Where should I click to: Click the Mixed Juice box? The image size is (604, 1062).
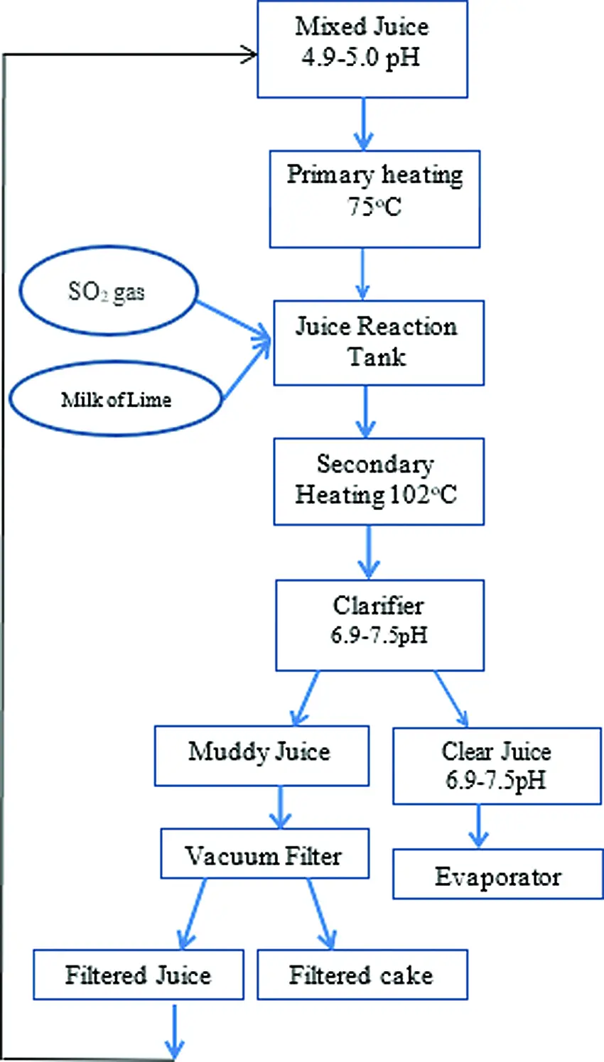click(x=362, y=48)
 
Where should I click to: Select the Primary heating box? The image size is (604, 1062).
click(x=374, y=199)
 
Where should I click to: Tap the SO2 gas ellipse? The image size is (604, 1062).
click(x=107, y=291)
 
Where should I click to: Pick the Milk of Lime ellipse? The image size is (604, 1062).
click(x=116, y=399)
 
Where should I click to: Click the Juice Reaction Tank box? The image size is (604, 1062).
click(x=378, y=342)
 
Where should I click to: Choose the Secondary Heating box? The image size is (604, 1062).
click(x=378, y=481)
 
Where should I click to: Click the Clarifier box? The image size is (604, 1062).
click(x=379, y=625)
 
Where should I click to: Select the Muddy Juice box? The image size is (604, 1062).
click(x=261, y=755)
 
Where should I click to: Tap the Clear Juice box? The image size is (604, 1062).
click(x=496, y=766)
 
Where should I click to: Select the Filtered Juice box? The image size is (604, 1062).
click(x=138, y=975)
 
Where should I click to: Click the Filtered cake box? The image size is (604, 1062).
click(x=362, y=975)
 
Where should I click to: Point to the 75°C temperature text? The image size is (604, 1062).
click(x=374, y=207)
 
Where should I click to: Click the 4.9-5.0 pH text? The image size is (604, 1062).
click(x=361, y=57)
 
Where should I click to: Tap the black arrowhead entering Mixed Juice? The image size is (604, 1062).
click(x=249, y=54)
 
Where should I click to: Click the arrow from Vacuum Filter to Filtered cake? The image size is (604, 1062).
click(x=320, y=914)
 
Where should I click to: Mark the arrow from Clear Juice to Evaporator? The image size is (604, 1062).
click(x=478, y=825)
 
